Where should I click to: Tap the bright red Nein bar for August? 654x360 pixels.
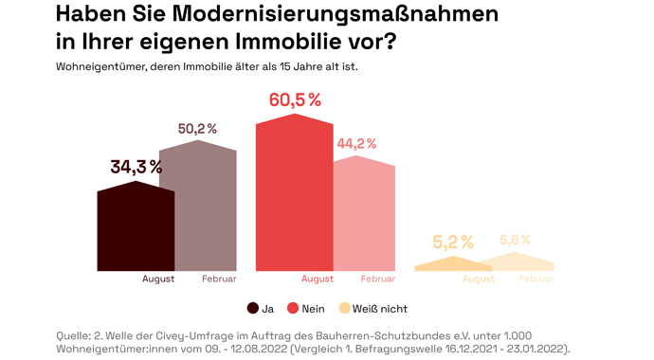coord(294,194)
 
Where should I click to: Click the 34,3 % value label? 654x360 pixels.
coord(136,167)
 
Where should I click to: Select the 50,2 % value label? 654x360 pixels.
coord(198,129)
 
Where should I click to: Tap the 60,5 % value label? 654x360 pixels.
coord(295,99)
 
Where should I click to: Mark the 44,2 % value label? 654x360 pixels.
coord(356,144)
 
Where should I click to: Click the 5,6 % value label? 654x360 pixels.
coord(515,240)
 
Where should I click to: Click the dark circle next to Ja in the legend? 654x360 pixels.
coord(253,308)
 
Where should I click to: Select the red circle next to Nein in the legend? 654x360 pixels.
coord(293,308)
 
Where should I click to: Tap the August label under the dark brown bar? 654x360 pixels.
coord(158,279)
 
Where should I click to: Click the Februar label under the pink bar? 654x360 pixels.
coord(377,279)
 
